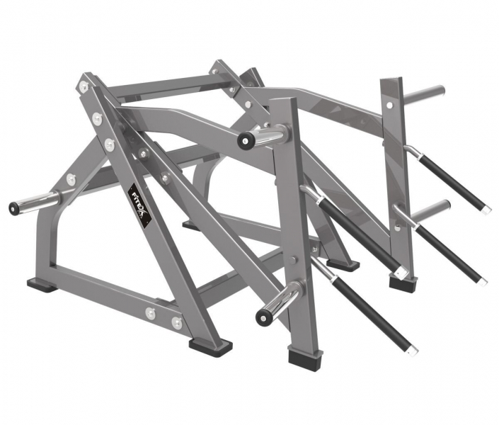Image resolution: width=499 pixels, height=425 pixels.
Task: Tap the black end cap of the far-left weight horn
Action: (x=13, y=208)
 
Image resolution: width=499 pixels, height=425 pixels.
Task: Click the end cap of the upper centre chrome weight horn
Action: (x=245, y=140)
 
